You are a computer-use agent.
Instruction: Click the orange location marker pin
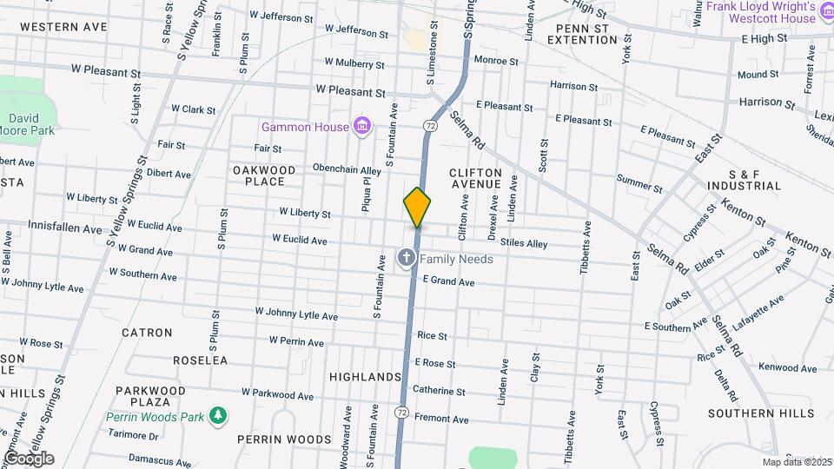(417, 206)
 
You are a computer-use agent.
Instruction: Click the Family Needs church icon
(406, 259)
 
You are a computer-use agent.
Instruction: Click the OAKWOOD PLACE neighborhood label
(264, 175)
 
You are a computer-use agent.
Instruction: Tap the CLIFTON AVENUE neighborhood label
(475, 178)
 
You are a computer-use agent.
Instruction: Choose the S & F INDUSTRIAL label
(745, 180)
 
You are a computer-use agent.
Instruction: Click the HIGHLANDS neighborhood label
(365, 377)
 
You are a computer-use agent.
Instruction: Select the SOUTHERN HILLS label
(761, 413)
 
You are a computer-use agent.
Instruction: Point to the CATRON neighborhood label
(147, 333)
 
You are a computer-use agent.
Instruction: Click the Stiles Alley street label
(525, 244)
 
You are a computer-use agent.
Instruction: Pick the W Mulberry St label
(354, 63)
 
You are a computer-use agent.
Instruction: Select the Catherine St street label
(439, 391)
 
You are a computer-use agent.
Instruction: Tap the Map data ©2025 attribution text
(795, 462)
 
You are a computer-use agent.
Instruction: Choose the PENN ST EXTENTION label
(594, 34)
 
